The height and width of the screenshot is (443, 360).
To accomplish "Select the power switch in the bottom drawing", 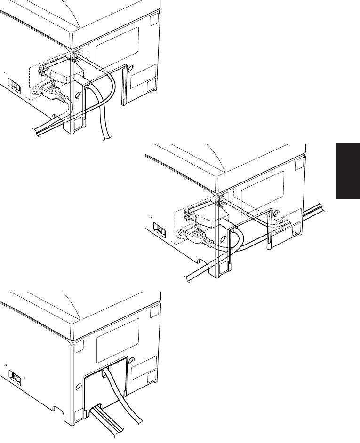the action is (16, 377).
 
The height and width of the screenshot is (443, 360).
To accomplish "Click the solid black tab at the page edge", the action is (348, 172).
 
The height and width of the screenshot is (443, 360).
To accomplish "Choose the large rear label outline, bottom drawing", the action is (118, 338).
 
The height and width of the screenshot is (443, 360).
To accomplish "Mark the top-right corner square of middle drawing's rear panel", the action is (298, 166).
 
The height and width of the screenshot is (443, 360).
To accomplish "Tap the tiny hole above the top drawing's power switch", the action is (5, 73).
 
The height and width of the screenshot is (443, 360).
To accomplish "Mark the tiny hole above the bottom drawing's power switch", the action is (5, 364).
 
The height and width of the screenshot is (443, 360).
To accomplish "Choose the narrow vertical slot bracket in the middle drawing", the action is (269, 230).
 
